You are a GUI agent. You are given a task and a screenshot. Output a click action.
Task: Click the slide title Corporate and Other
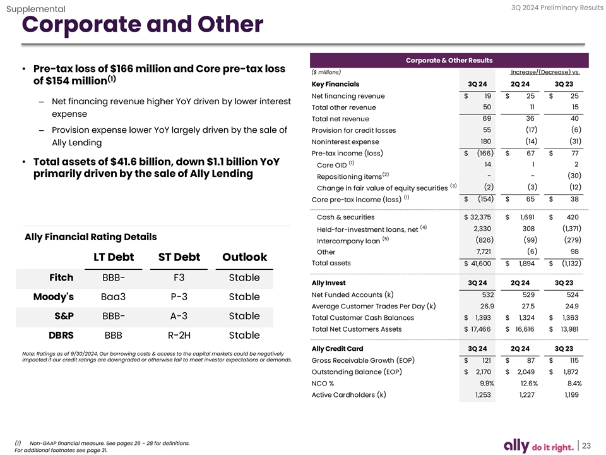[142, 25]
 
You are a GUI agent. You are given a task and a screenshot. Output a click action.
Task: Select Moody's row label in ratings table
[54, 296]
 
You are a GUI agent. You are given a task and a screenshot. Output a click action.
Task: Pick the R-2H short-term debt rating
[179, 334]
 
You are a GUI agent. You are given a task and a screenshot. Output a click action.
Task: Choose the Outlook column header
[244, 257]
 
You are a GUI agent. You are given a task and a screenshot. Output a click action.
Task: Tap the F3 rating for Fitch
[179, 277]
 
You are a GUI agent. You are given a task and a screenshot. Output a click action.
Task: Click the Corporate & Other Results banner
[449, 61]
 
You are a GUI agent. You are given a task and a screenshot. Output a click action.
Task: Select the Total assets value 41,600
[480, 264]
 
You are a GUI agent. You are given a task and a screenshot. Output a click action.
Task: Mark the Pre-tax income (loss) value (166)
[480, 154]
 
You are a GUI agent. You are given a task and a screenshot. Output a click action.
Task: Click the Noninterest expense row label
[345, 142]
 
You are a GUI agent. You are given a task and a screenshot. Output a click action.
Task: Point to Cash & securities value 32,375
[480, 217]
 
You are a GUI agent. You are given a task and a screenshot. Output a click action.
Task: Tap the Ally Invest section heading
[329, 282]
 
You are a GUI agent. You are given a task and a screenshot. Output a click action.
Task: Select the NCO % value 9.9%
[487, 384]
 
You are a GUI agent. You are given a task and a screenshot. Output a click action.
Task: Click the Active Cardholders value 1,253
[484, 395]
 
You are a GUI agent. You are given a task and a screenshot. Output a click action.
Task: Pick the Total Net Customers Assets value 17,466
[480, 329]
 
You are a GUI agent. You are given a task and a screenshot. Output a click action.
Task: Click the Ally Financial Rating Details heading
[91, 237]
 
